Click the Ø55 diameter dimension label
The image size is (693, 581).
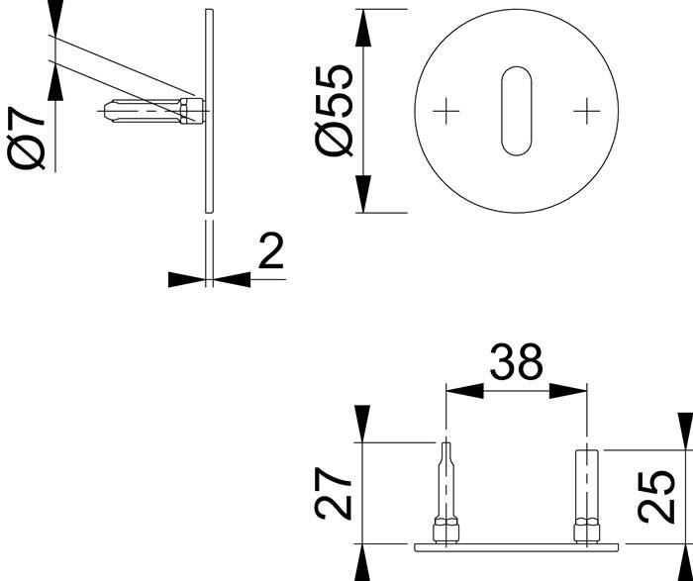[335, 110]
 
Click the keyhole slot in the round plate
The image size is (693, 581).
[515, 110]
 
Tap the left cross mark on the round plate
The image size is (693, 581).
[447, 110]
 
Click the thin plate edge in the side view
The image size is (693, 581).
[208, 110]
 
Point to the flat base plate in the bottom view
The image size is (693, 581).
[515, 545]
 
